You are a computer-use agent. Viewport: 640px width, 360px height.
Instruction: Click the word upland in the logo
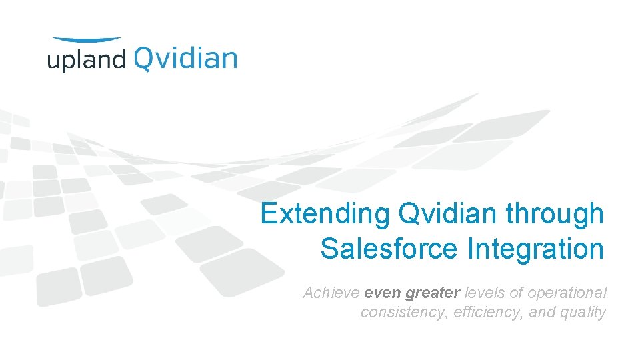pos(86,60)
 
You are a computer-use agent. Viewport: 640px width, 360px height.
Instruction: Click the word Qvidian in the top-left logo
pos(185,58)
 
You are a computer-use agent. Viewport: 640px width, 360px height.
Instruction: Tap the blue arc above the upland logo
pos(87,40)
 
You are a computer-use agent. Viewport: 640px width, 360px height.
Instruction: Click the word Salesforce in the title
pos(389,249)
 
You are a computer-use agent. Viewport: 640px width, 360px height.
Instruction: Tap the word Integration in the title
pos(536,249)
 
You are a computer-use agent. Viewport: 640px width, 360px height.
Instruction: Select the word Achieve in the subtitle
pos(331,293)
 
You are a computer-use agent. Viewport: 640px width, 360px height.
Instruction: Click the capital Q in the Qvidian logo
pos(145,59)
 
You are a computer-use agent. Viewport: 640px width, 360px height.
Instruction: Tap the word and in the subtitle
pos(541,312)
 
